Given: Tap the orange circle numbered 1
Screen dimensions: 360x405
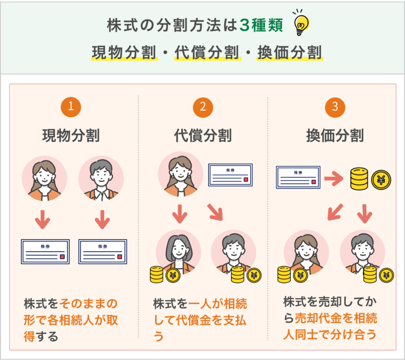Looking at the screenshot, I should [x=71, y=107].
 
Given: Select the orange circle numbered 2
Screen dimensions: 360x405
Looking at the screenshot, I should [x=202, y=107].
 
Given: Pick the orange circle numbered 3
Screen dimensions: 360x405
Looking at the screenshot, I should [x=335, y=107].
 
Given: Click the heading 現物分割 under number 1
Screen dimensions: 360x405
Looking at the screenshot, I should [x=71, y=136].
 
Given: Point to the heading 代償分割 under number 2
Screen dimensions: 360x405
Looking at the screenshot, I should [x=202, y=136].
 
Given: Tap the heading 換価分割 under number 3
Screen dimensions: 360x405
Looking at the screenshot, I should [x=335, y=136].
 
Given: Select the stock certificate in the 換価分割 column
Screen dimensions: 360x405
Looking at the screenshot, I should [x=298, y=177].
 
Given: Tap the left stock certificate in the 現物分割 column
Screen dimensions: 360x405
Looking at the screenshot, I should [x=45, y=251].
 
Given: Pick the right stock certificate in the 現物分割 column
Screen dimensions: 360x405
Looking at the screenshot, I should [x=103, y=251].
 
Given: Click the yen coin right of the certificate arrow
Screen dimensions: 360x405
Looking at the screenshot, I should [x=381, y=178].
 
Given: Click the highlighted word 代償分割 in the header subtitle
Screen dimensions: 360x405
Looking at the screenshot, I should [x=207, y=53].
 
